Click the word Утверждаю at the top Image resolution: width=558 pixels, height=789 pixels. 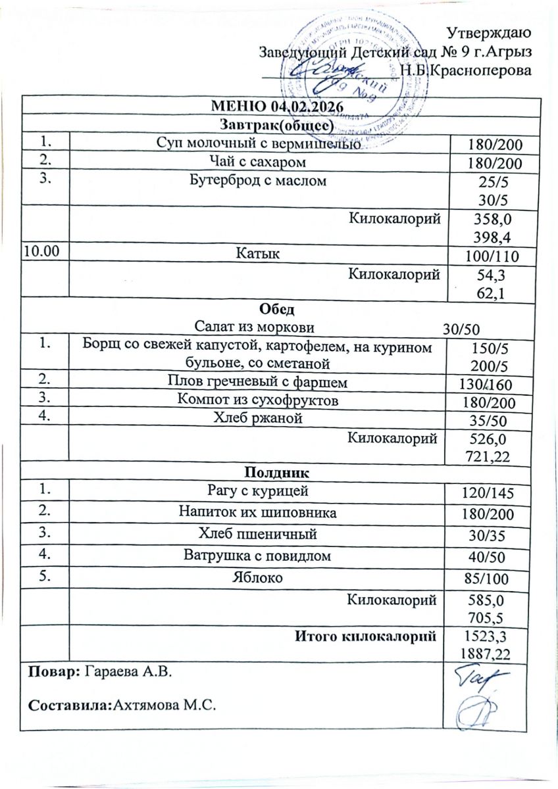click(x=489, y=32)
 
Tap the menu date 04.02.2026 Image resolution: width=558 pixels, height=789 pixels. click(x=310, y=106)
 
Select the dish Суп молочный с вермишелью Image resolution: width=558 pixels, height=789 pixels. click(x=258, y=145)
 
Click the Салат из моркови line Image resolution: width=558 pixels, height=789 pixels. click(x=255, y=327)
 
